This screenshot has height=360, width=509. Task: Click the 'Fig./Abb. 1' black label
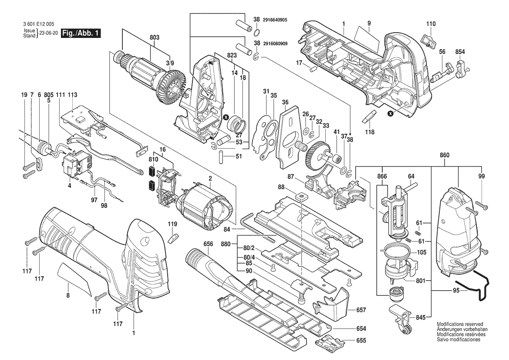tap(81, 33)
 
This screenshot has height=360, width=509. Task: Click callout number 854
tap(460, 52)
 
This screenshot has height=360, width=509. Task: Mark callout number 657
tap(361, 310)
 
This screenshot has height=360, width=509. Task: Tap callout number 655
tap(361, 341)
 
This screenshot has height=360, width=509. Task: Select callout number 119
tap(173, 224)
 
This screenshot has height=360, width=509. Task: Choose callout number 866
tap(382, 177)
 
